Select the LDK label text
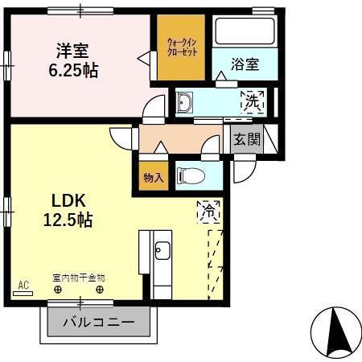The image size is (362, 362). point(69,200)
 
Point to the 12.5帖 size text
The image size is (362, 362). point(68,220)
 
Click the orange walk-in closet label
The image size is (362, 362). point(181,46)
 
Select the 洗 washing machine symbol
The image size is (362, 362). point(252,101)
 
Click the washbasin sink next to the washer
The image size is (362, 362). point(184,101)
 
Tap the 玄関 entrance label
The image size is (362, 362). point(247,138)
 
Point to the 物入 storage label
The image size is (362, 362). point(152,177)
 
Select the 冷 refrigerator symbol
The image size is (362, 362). point(208,212)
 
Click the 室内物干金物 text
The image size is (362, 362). point(79,277)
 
